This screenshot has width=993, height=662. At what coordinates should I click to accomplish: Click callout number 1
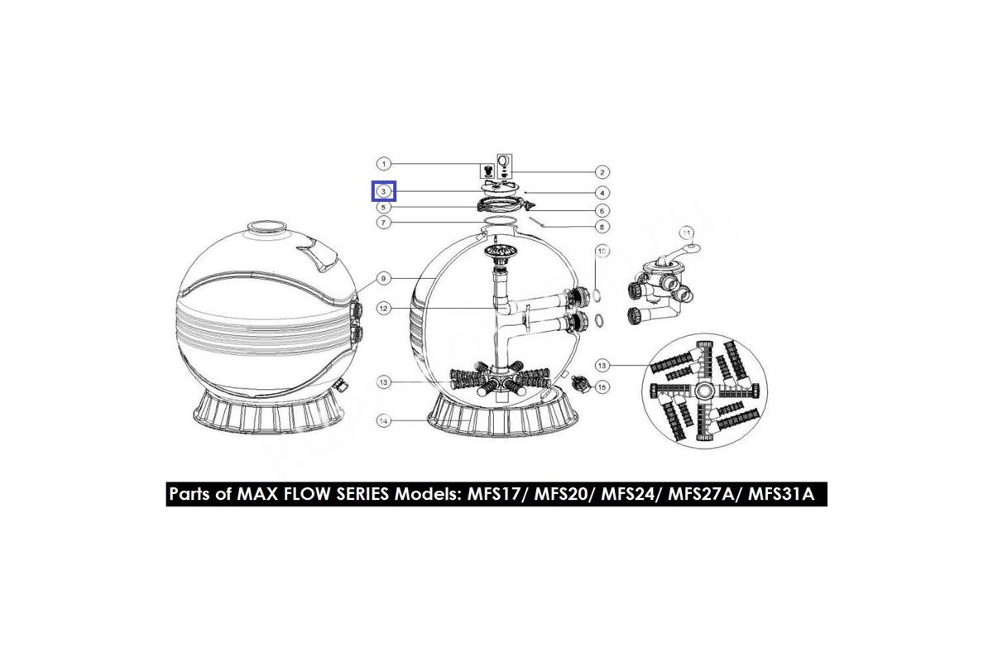[x=384, y=164]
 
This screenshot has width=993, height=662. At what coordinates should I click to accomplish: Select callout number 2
[x=602, y=172]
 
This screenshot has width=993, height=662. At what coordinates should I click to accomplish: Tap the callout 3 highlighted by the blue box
[x=384, y=191]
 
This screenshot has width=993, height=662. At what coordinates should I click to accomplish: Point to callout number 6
[x=602, y=211]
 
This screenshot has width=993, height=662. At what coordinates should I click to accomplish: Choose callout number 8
[x=602, y=227]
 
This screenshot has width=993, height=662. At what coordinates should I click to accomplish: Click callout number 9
[x=384, y=279]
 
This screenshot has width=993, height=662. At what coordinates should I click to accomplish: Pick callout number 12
[x=384, y=309]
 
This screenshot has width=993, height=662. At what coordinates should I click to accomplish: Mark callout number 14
[x=384, y=420]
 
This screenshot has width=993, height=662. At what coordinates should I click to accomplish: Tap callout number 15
[x=602, y=387]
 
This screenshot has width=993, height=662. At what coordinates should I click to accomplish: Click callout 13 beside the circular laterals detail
[x=602, y=366]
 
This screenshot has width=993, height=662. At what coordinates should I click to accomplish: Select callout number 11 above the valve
[x=687, y=233]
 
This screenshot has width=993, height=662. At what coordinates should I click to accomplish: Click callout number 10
[x=602, y=252]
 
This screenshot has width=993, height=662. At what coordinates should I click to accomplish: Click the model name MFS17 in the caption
[x=493, y=494]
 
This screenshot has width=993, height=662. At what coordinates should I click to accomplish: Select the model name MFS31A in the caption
[x=781, y=494]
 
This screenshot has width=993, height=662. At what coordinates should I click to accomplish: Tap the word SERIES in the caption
[x=362, y=494]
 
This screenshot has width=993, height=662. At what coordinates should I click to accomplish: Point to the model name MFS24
[x=627, y=494]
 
